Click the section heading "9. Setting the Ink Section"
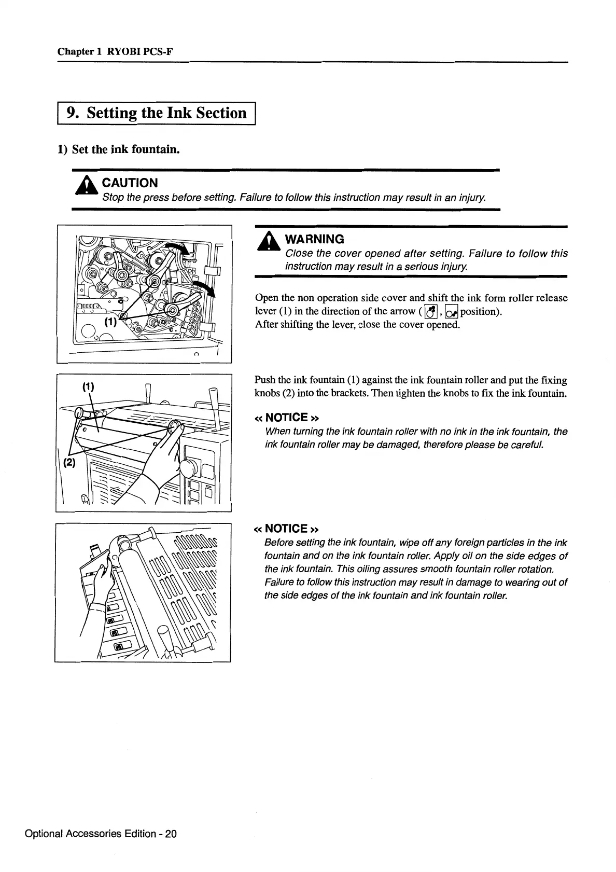[158, 113]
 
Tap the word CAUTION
[130, 183]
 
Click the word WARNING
[315, 239]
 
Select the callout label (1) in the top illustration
[109, 322]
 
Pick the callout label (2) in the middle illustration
[69, 463]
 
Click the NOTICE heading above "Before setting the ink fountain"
[286, 529]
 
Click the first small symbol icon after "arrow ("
[429, 312]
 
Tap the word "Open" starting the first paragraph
[266, 298]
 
